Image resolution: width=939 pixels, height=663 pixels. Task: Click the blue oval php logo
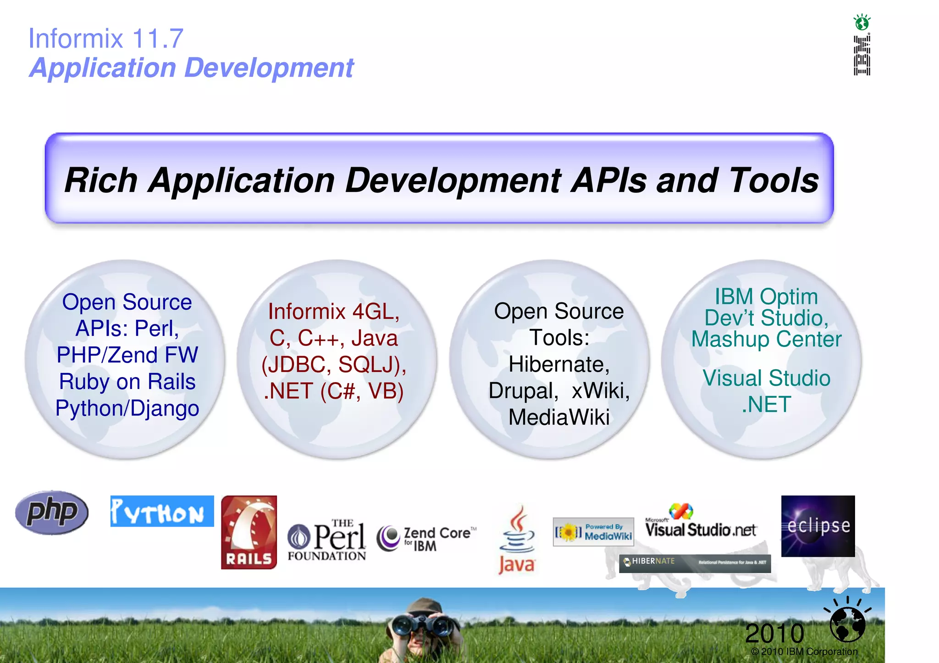pyautogui.click(x=52, y=512)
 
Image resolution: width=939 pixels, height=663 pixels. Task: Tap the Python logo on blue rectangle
pyautogui.click(x=162, y=511)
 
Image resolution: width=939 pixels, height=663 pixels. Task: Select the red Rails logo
pyautogui.click(x=249, y=532)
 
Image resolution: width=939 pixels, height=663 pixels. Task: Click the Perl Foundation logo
pyautogui.click(x=327, y=540)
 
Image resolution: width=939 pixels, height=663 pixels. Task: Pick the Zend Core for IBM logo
pyautogui.click(x=426, y=538)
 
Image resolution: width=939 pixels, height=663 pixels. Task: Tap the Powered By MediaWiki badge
pyautogui.click(x=593, y=532)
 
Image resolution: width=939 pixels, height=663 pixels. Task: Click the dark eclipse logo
pyautogui.click(x=818, y=526)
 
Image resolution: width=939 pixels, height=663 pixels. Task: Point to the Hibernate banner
pyautogui.click(x=695, y=563)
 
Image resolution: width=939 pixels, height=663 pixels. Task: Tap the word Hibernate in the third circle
pyautogui.click(x=559, y=365)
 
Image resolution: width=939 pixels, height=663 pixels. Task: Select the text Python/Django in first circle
pyautogui.click(x=127, y=408)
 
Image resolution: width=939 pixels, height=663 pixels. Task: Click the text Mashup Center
pyautogui.click(x=766, y=340)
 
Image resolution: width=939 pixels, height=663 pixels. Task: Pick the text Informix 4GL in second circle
pyautogui.click(x=334, y=312)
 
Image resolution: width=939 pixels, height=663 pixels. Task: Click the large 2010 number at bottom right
pyautogui.click(x=774, y=634)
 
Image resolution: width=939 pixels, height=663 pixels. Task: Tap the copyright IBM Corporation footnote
pyautogui.click(x=804, y=652)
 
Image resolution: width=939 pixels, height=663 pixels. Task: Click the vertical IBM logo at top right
pyautogui.click(x=862, y=55)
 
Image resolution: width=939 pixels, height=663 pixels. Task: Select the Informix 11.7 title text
pyautogui.click(x=106, y=38)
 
